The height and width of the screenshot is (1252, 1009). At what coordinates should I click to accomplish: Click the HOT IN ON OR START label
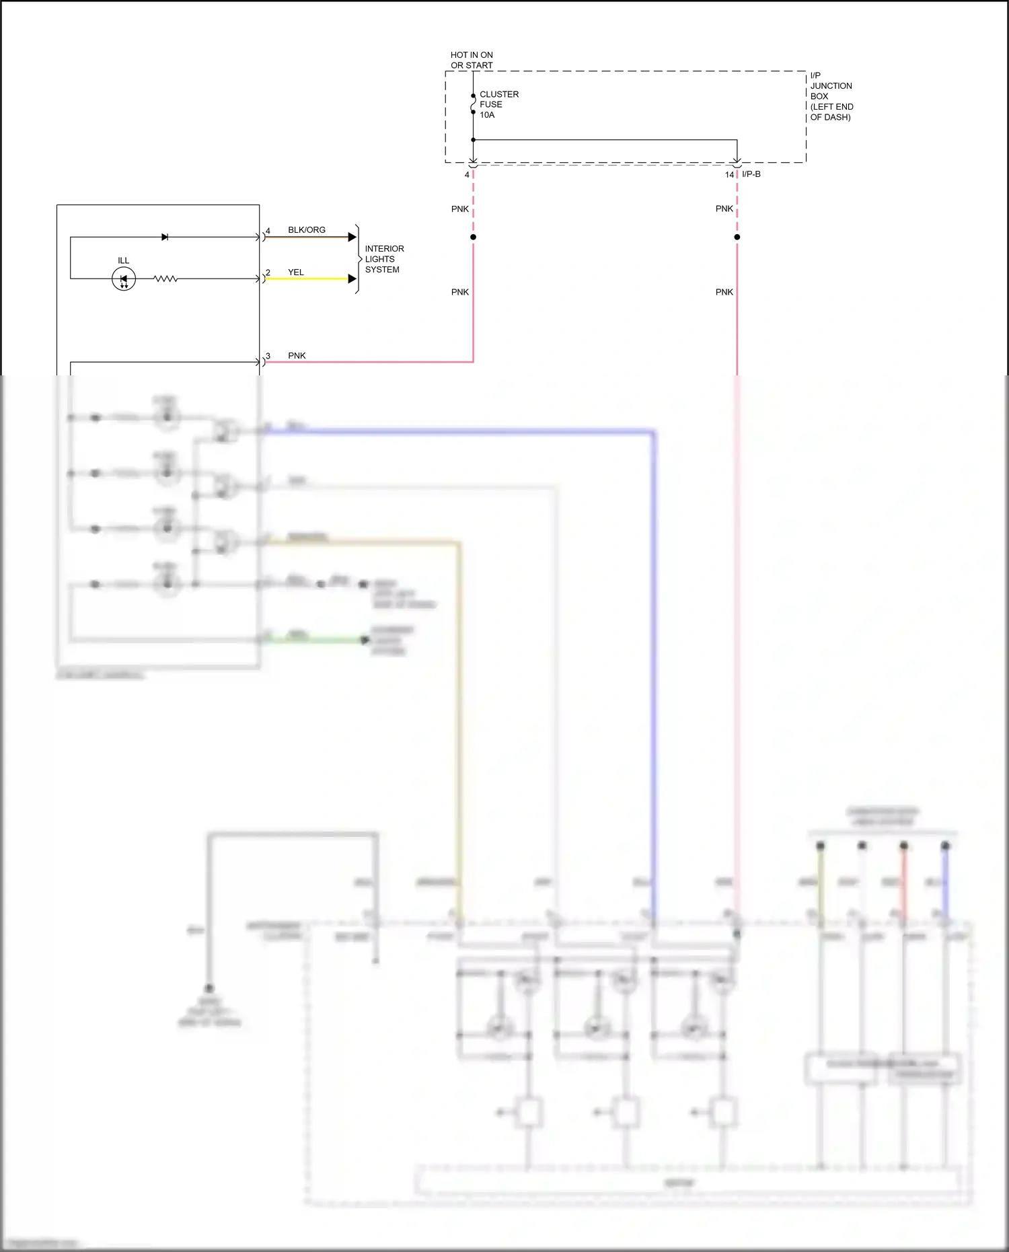point(472,60)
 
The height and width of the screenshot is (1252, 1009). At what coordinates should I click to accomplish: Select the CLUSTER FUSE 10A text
point(498,104)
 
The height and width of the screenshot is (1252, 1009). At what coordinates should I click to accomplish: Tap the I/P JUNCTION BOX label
point(831,96)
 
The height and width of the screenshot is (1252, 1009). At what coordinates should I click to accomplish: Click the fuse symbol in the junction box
point(473,104)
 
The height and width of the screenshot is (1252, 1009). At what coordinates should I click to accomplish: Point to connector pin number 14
point(729,175)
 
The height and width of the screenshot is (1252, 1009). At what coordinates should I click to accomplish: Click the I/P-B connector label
point(751,174)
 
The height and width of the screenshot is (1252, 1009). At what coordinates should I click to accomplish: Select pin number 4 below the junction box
point(467,175)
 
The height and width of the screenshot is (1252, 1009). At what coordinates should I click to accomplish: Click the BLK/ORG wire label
point(307,230)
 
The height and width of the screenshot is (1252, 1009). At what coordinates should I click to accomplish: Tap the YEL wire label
point(296,272)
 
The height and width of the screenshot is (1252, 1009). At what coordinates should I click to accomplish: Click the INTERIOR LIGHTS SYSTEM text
point(384,259)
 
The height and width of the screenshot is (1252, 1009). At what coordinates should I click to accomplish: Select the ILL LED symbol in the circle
point(124,279)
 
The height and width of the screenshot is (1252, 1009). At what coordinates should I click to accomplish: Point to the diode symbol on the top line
point(165,237)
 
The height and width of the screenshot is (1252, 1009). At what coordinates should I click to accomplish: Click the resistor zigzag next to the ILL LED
point(165,279)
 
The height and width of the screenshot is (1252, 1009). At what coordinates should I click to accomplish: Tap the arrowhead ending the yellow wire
point(352,279)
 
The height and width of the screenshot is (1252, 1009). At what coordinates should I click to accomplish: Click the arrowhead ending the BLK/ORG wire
point(352,237)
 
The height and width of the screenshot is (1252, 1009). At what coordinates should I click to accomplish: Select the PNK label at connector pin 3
point(297,356)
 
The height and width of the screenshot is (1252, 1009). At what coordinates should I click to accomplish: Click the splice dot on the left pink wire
point(473,237)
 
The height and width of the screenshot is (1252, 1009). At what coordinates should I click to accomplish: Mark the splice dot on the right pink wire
point(737,237)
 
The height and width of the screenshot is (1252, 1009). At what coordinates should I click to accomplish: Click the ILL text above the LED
point(124,261)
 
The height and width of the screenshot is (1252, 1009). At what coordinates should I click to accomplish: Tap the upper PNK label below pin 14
point(724,209)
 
